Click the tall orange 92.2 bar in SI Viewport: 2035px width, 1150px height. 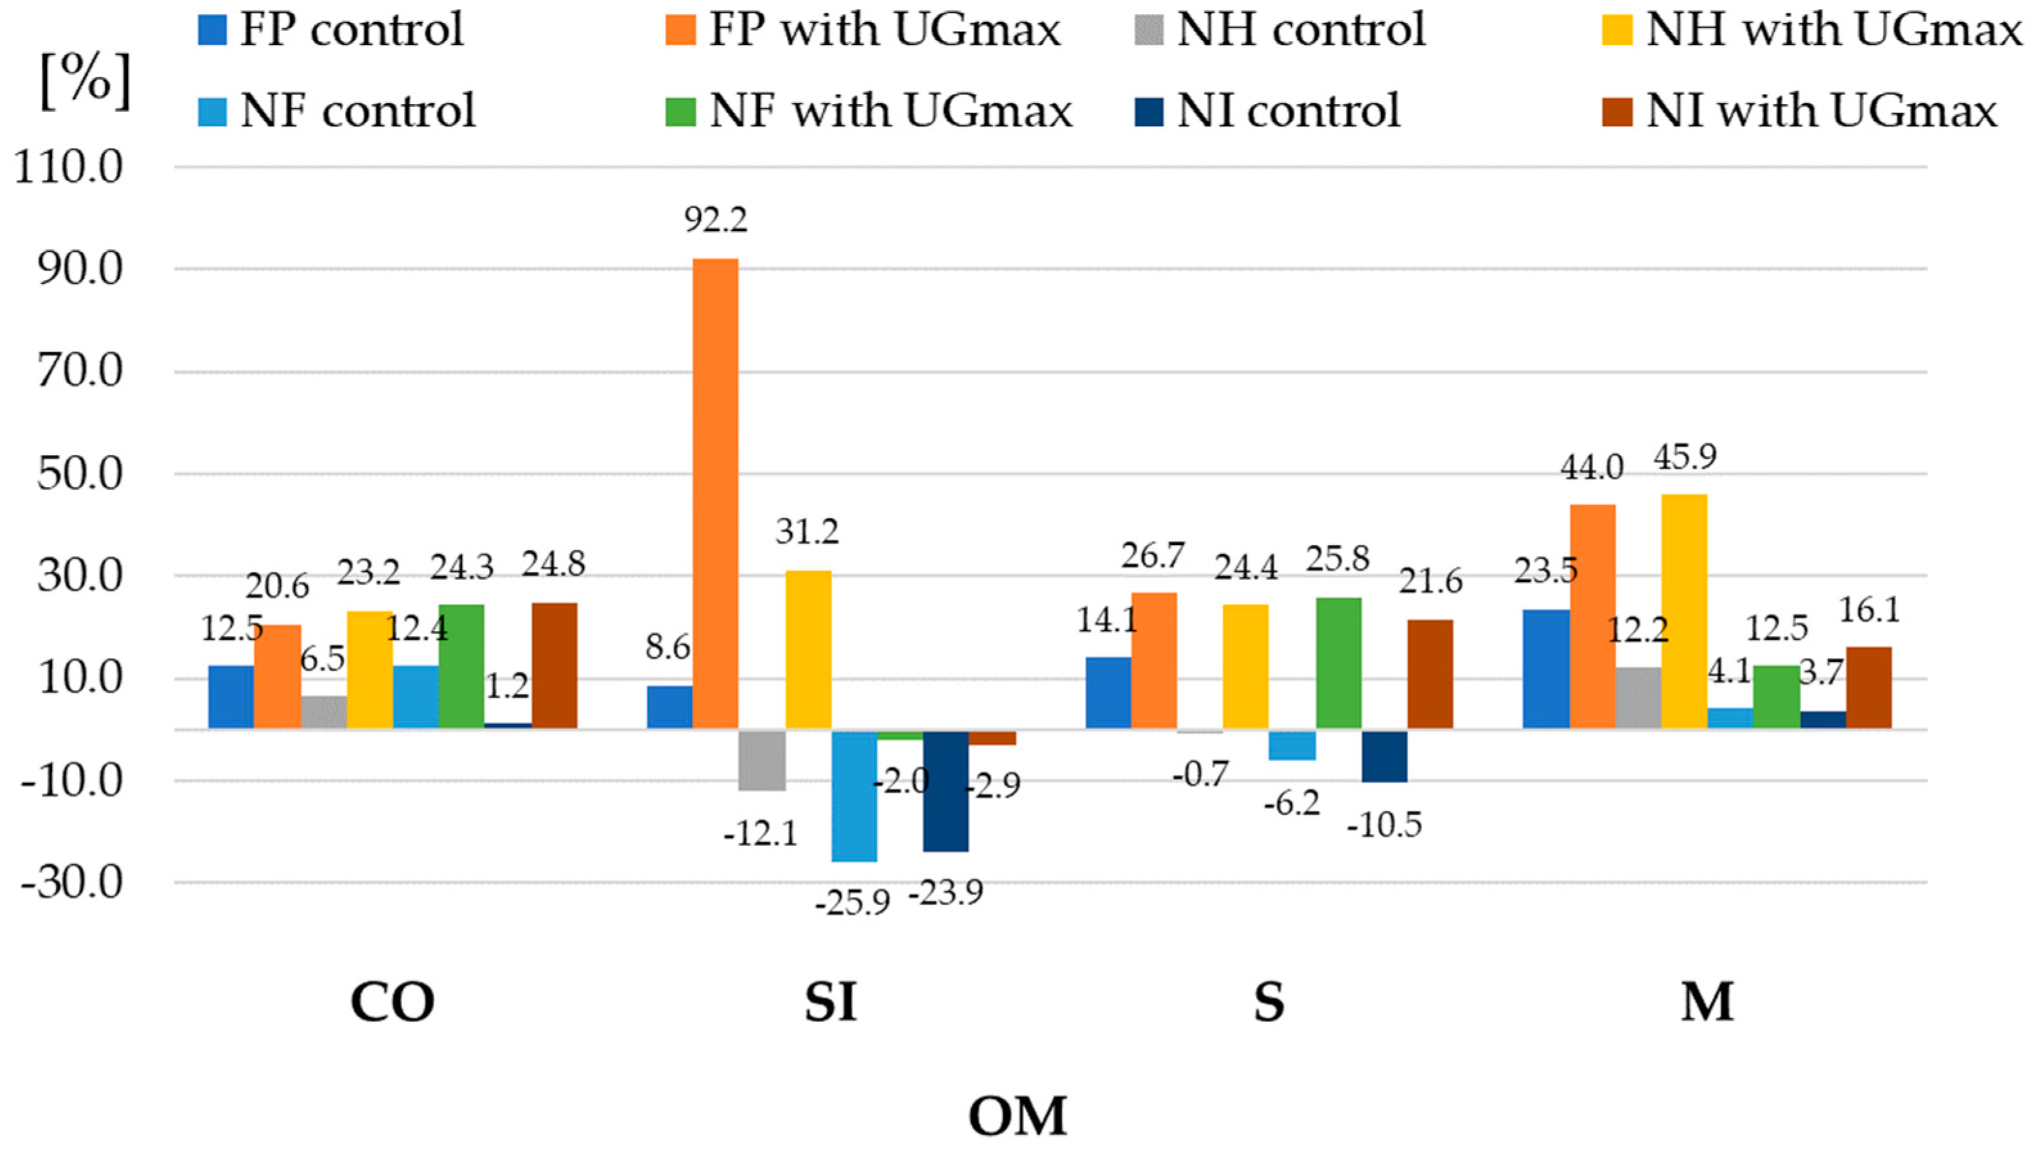coord(715,493)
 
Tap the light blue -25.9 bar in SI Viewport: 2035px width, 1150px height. coord(854,795)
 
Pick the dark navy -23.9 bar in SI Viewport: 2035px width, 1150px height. coord(946,791)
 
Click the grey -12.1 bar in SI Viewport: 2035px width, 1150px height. coord(762,761)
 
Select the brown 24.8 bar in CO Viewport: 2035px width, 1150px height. coord(554,665)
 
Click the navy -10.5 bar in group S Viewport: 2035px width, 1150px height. coord(1384,756)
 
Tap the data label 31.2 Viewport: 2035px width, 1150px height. coord(807,531)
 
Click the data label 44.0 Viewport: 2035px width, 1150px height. coord(1591,468)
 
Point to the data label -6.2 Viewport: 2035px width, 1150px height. coord(1292,803)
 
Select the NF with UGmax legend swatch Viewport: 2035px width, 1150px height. coord(680,111)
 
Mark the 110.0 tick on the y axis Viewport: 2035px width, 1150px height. coord(69,168)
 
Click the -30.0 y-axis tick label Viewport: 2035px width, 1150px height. coord(73,882)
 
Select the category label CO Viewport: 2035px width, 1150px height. coord(392,1002)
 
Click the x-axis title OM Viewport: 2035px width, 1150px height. coord(1017,1115)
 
